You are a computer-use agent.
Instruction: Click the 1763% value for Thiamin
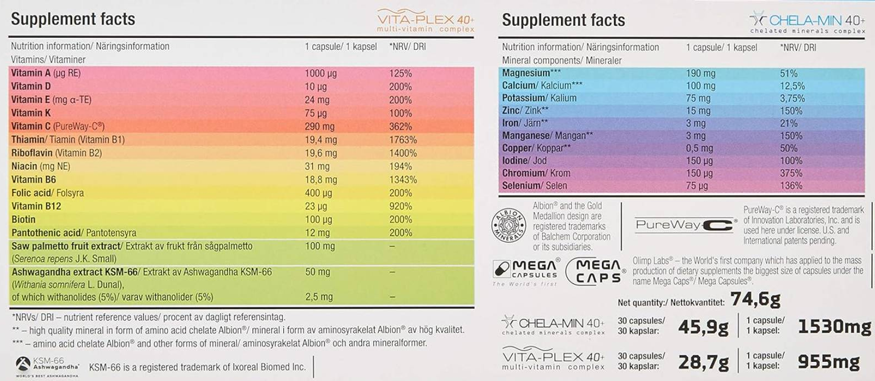403,140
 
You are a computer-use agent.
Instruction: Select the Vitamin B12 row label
36,206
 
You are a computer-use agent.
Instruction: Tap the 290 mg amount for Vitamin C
319,127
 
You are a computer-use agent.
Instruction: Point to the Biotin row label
23,219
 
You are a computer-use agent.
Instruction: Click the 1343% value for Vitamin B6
403,180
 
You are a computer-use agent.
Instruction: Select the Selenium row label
521,186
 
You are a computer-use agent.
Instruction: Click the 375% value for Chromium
791,173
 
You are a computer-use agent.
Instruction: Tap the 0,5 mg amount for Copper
699,148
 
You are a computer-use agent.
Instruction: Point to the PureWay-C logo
685,224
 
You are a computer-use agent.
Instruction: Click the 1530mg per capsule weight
834,327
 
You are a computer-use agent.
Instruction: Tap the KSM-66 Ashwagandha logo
47,366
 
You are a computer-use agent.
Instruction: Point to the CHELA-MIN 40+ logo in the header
807,23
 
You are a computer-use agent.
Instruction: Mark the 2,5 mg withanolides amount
319,297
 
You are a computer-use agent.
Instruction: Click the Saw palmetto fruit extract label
66,246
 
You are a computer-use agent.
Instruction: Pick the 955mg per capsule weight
828,361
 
